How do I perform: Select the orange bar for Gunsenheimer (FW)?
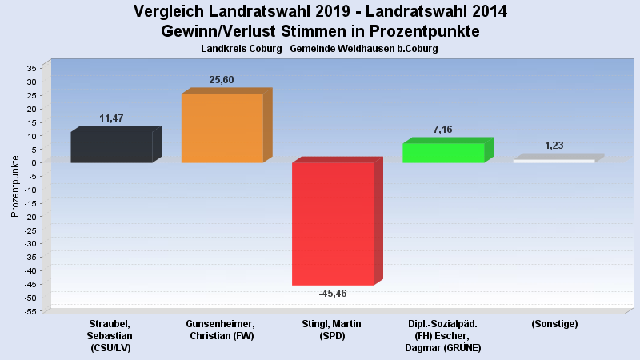222,128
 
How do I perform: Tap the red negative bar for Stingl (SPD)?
332,223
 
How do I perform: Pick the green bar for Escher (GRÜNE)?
443,152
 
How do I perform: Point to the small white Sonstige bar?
554,161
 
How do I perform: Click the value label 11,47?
111,118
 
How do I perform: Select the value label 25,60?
222,80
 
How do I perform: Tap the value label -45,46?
333,294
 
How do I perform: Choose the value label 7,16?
443,129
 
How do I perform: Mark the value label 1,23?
554,146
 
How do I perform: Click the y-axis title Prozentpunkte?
15,186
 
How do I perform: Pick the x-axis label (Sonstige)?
554,324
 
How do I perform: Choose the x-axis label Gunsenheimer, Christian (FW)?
221,330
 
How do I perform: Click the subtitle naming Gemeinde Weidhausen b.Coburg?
320,49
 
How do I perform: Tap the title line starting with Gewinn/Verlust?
320,32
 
